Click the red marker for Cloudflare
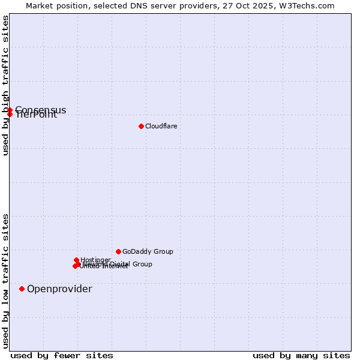(x=141, y=126)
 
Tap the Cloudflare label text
(x=161, y=126)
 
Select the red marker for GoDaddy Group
(x=118, y=251)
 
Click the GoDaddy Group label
(x=147, y=251)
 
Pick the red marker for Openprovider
(x=22, y=289)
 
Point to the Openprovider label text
(x=59, y=289)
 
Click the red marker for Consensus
(x=10, y=110)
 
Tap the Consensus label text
(x=41, y=110)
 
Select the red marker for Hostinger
(x=76, y=260)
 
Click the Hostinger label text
(x=95, y=260)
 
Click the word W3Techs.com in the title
(x=310, y=5)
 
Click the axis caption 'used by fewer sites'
(x=62, y=355)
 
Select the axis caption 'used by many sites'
(x=301, y=355)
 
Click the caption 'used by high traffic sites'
(x=5, y=85)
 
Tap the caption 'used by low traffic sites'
(x=5, y=281)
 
